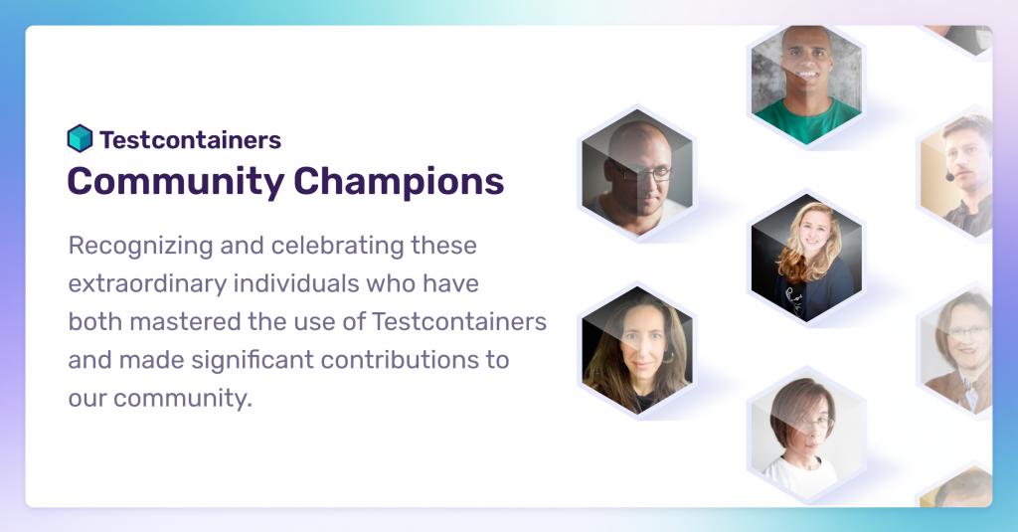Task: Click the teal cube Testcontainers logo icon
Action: click(x=80, y=138)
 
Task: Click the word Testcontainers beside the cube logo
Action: click(x=190, y=139)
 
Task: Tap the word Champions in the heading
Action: click(x=399, y=181)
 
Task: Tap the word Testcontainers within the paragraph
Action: click(x=459, y=321)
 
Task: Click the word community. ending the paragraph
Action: click(x=183, y=398)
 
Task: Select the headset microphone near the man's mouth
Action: click(x=949, y=176)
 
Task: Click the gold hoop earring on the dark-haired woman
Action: click(x=668, y=357)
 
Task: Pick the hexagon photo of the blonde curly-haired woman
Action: click(x=806, y=258)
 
